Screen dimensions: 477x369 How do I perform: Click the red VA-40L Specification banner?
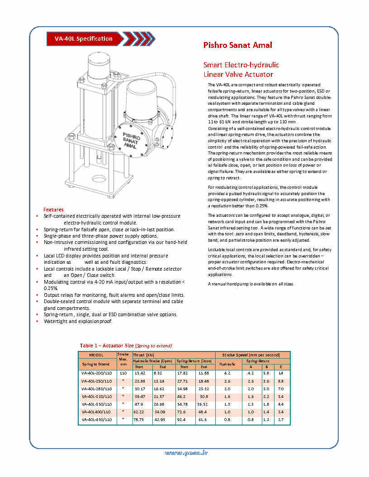tap(84, 39)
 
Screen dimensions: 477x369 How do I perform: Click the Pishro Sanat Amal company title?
tap(237, 45)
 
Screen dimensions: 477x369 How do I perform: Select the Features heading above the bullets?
tap(53, 210)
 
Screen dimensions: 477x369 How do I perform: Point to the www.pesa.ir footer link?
tap(186, 453)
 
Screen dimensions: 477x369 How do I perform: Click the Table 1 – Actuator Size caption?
tap(126, 346)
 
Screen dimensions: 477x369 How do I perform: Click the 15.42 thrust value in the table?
tap(139, 373)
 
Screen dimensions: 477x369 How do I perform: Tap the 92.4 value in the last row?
tap(181, 420)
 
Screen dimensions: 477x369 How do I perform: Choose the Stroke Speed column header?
tap(251, 355)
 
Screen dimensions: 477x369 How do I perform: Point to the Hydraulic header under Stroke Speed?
tap(227, 364)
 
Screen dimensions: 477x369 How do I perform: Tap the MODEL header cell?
tap(96, 355)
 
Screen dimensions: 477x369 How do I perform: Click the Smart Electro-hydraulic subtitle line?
tap(241, 65)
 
